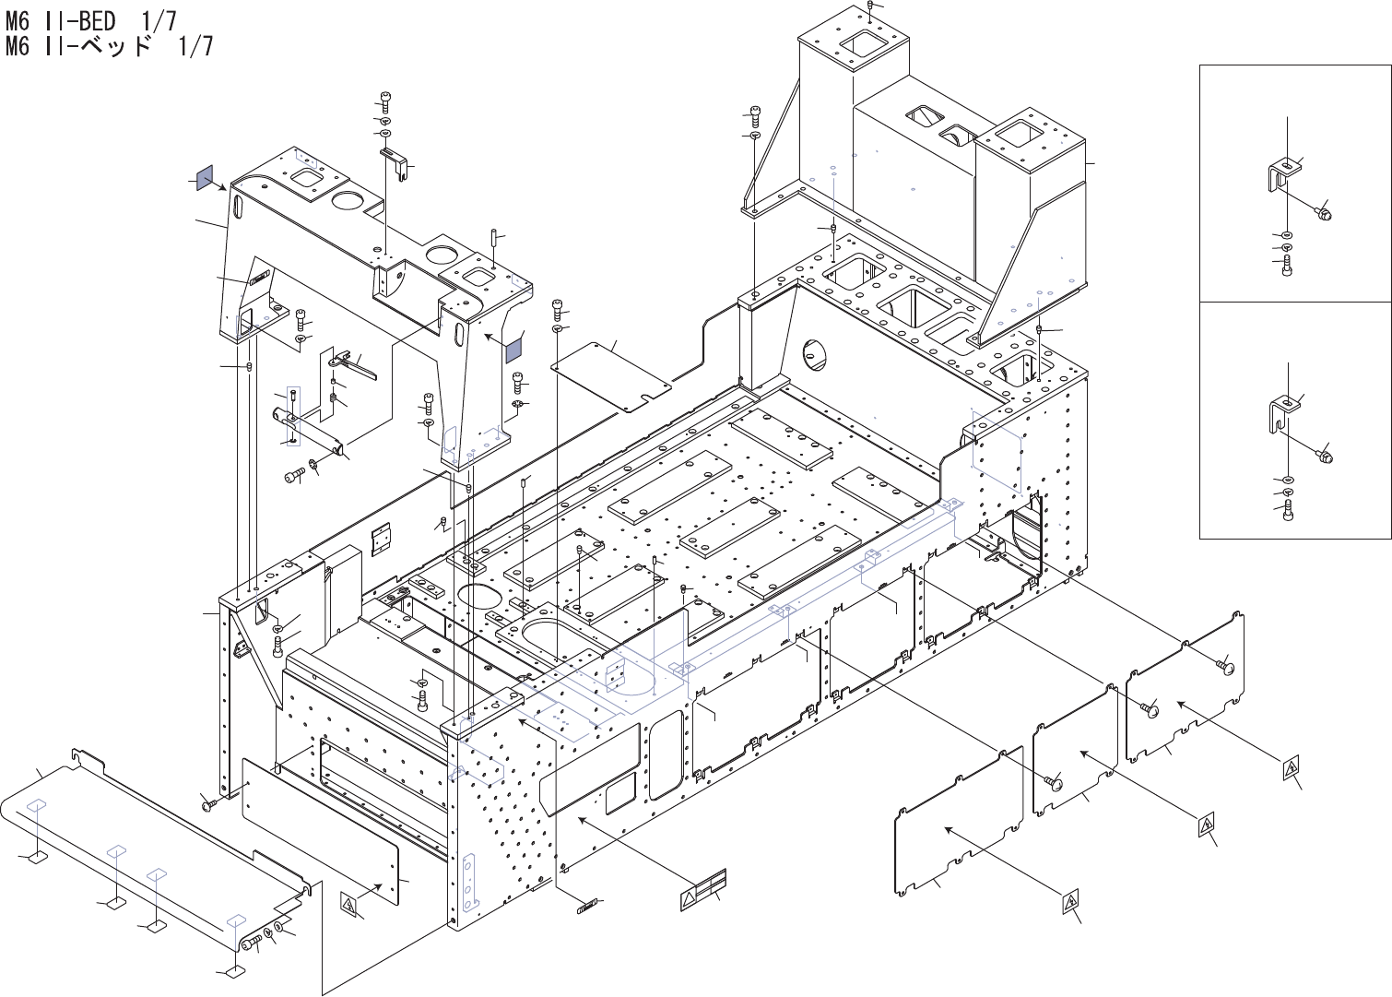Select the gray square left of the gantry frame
pos(205,177)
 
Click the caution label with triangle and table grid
pos(702,889)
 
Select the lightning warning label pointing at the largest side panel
pos(1069,902)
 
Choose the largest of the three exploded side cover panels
pos(958,823)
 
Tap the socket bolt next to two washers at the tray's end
pos(251,944)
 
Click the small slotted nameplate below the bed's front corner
pos(587,907)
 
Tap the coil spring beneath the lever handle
pos(333,398)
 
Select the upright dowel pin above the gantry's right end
pos(492,238)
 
